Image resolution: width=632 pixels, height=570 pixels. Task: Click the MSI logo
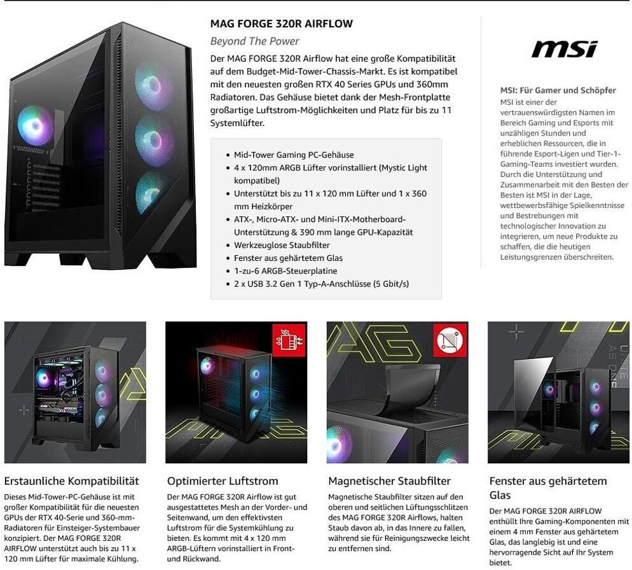[564, 49]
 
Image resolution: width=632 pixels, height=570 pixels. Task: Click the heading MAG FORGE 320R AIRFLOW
[281, 24]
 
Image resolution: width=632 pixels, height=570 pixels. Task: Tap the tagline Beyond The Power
[254, 41]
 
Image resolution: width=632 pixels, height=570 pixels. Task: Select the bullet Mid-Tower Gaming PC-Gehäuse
[294, 155]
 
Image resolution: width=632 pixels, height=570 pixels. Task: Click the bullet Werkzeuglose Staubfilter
[282, 245]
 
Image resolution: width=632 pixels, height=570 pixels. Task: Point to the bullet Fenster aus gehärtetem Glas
[288, 258]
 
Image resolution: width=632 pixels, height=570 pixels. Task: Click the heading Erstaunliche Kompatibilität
[71, 481]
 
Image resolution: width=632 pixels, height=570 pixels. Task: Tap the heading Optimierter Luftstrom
[223, 481]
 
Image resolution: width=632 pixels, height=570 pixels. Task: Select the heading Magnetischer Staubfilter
[389, 481]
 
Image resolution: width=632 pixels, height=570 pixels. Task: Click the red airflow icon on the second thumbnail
[289, 340]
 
